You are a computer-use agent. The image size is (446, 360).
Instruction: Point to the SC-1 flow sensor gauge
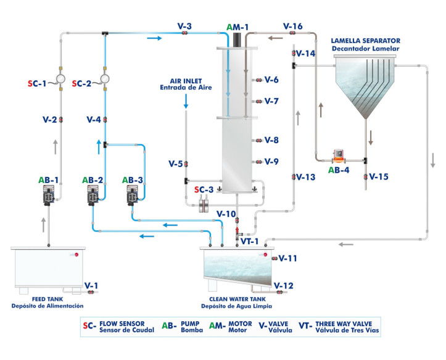click(60, 80)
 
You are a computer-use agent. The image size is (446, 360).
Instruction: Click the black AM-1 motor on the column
click(237, 38)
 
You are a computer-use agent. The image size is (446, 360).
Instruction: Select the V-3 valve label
click(184, 26)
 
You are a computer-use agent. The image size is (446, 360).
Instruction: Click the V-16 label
click(292, 26)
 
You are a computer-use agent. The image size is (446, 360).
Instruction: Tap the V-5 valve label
click(175, 164)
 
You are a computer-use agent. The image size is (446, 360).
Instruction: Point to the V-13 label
click(305, 177)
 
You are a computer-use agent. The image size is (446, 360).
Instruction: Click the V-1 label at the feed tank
click(91, 285)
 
